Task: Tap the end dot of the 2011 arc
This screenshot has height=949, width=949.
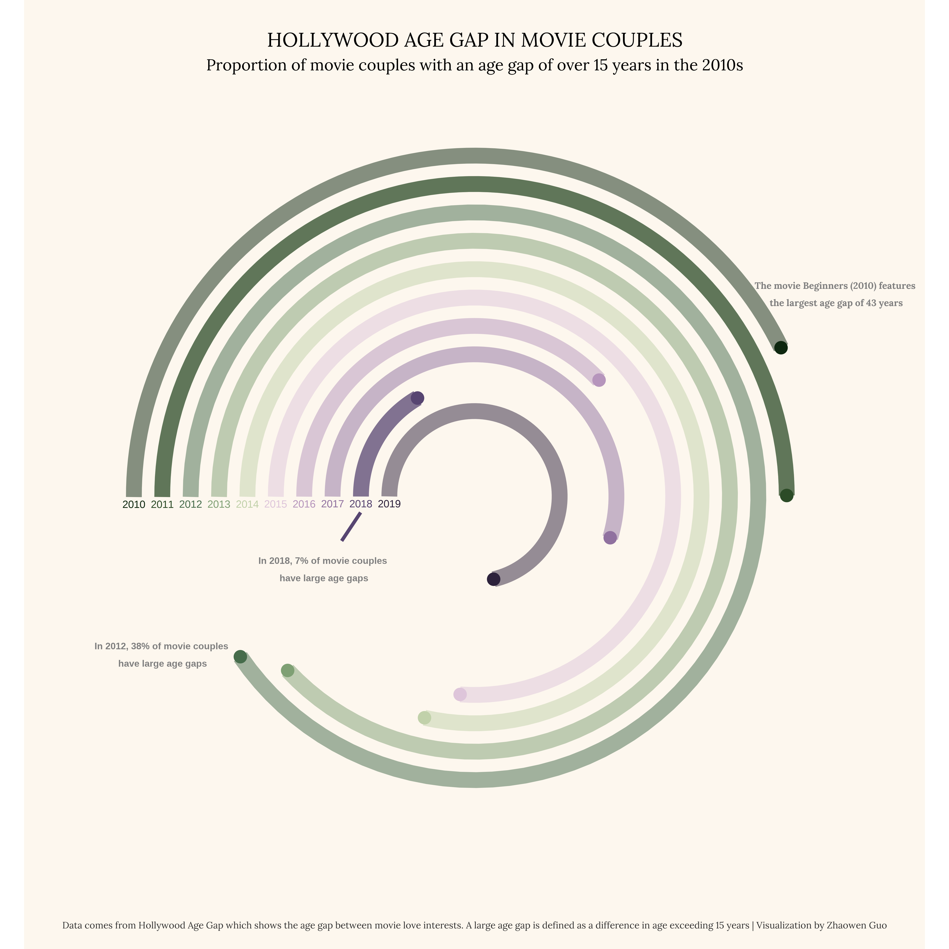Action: coord(786,496)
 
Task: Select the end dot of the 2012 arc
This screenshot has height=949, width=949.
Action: coord(240,657)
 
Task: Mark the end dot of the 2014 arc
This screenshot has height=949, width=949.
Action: coord(424,718)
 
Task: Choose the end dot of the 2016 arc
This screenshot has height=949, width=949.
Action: coord(599,380)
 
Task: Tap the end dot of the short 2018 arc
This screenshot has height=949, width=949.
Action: coord(418,398)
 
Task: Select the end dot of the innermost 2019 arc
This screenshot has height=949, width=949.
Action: coord(494,579)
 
